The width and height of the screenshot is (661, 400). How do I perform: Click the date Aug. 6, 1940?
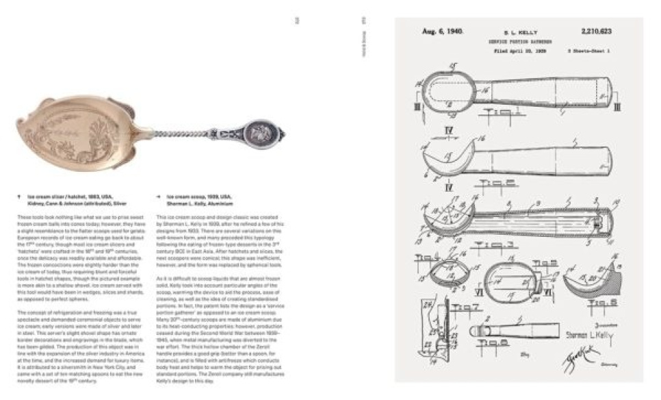coord(442,32)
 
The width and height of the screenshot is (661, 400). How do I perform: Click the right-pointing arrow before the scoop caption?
coord(159,196)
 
